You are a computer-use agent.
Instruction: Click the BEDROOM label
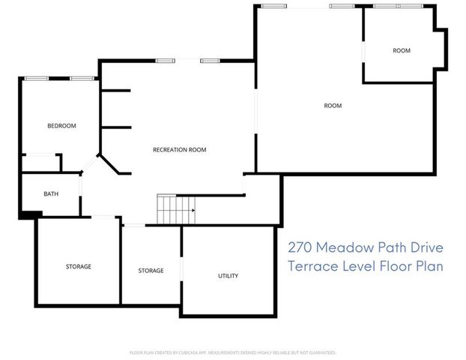point(61,126)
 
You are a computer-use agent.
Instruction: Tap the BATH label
point(51,194)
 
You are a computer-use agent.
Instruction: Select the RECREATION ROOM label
point(179,150)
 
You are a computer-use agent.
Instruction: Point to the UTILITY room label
point(228,276)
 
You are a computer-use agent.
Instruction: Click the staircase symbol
point(175,209)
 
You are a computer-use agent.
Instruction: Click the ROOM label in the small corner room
point(402,51)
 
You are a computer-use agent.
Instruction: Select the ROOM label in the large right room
point(333,106)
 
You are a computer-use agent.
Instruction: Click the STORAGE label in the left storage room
point(78,266)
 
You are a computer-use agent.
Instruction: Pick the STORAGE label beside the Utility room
point(151,271)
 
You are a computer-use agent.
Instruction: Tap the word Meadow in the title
point(349,247)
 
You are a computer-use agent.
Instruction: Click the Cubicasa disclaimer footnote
point(233,352)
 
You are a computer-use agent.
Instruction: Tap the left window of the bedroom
point(37,79)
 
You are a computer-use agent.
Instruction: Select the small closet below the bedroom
point(40,163)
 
